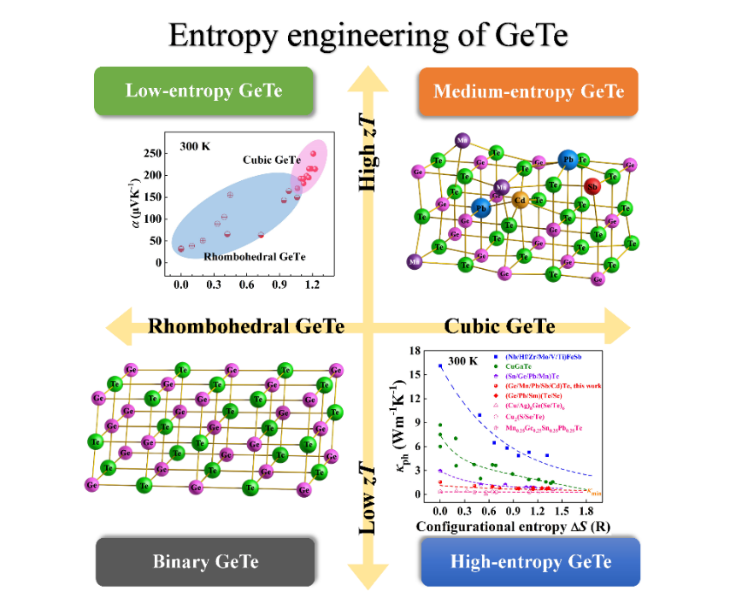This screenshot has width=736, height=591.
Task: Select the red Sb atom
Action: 592,184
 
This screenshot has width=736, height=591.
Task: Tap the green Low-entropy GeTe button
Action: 203,91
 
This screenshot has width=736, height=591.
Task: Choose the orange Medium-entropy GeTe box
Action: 528,91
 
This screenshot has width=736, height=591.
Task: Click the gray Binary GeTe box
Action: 205,561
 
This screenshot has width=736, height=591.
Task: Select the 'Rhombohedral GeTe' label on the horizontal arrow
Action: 246,326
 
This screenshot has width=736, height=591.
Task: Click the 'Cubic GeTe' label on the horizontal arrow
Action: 500,326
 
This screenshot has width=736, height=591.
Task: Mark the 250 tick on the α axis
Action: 150,154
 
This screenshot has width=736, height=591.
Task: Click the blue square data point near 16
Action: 440,366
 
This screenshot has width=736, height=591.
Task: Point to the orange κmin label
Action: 595,491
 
